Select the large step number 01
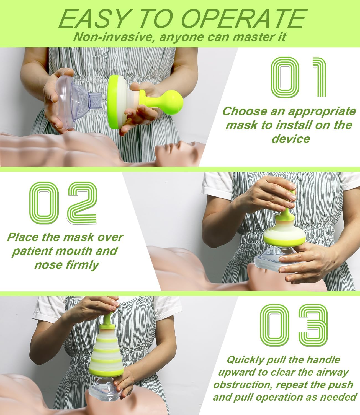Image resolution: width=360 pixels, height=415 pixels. [298, 77]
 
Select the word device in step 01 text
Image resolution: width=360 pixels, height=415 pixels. [290, 138]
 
